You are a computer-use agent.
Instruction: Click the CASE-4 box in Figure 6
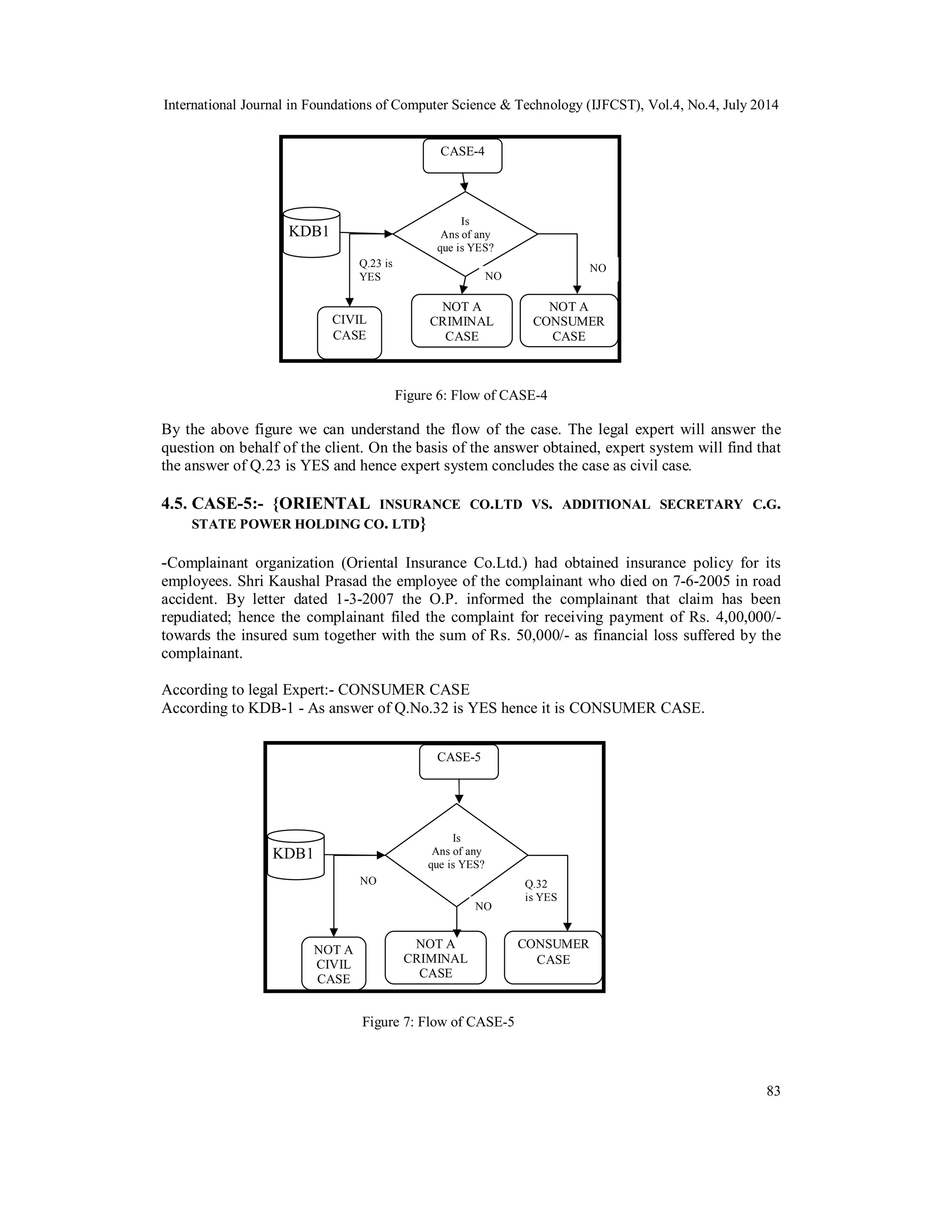point(462,155)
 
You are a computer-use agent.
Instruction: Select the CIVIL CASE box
point(349,332)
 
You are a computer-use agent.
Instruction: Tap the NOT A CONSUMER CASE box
point(568,321)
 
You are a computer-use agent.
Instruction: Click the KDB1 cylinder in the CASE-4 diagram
point(311,232)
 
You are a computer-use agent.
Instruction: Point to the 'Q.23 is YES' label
point(375,270)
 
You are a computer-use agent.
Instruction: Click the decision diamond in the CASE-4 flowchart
point(465,234)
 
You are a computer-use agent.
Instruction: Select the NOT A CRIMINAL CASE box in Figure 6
point(461,321)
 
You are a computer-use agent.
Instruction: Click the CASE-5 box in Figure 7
point(459,762)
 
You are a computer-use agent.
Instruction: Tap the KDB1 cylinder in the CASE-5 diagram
point(295,854)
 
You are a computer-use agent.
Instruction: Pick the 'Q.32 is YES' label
point(541,890)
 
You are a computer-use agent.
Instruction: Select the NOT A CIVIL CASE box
point(333,964)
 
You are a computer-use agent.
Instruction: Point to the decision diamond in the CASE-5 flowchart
point(456,855)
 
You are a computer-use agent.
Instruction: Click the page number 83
point(773,1091)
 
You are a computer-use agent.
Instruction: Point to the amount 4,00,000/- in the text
point(744,617)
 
